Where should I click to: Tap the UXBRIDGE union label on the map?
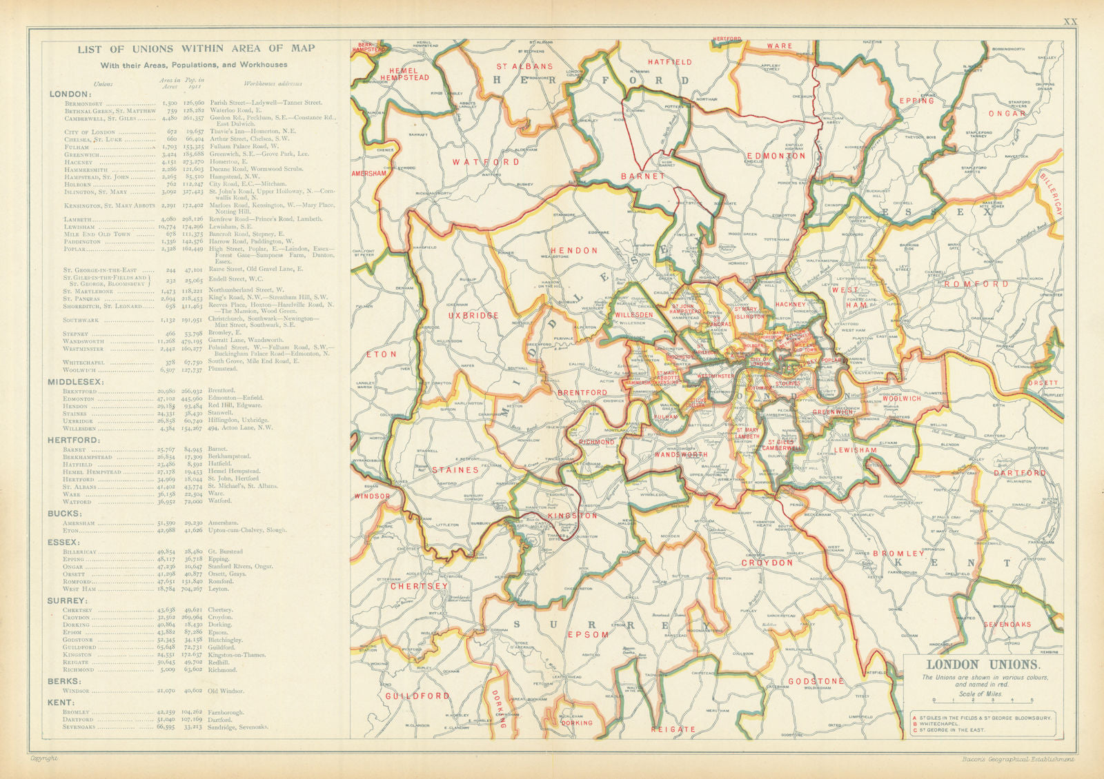click(473, 315)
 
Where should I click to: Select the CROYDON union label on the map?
click(767, 563)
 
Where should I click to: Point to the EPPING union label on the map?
click(916, 101)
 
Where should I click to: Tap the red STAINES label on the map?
click(455, 469)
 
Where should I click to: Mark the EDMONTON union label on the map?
click(776, 156)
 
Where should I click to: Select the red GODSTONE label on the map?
click(816, 681)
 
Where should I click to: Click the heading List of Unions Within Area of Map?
click(196, 48)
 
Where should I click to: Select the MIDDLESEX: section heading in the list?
click(75, 381)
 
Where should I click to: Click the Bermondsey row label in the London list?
click(83, 103)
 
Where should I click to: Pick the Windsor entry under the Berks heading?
click(76, 690)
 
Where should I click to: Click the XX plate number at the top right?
click(1069, 22)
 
